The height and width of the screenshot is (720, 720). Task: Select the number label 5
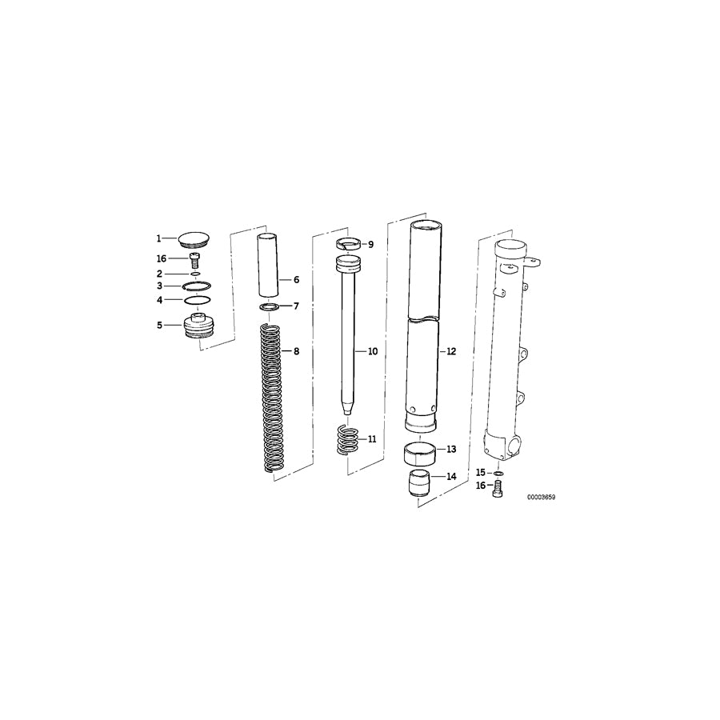(x=159, y=326)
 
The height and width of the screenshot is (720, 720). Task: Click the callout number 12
(x=451, y=351)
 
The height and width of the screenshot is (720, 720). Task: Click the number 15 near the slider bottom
(x=482, y=472)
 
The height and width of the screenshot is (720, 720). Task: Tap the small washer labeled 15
(x=498, y=473)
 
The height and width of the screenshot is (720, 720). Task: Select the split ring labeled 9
(x=348, y=244)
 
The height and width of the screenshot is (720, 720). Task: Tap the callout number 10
(x=372, y=351)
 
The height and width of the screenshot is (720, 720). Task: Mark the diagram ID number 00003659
(x=541, y=497)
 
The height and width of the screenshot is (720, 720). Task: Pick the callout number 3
(x=159, y=286)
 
